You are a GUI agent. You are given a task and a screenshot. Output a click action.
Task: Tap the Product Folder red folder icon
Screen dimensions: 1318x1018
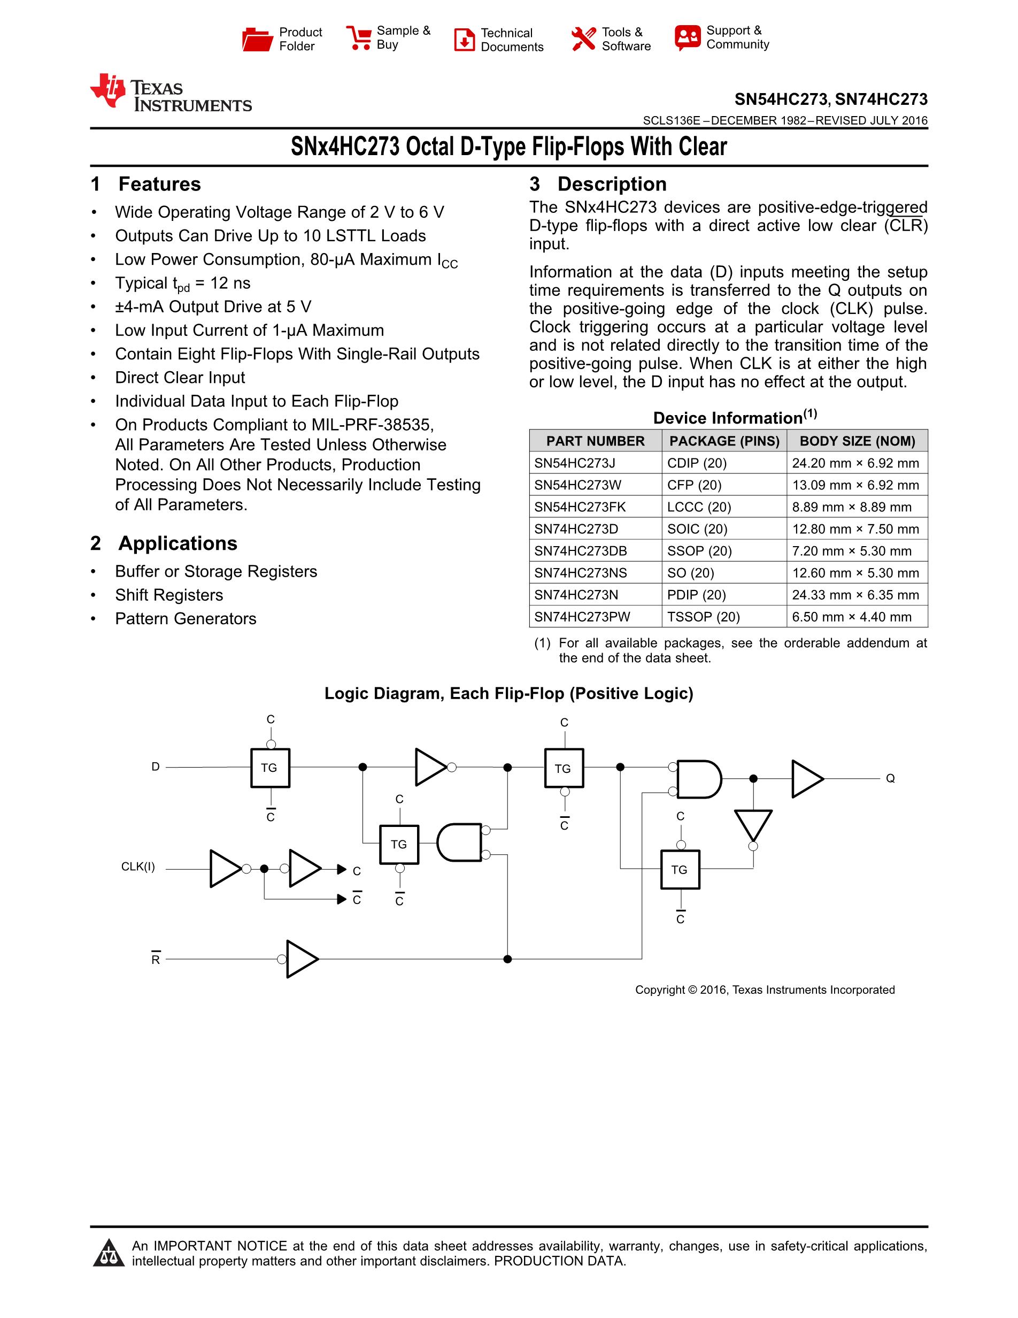257,39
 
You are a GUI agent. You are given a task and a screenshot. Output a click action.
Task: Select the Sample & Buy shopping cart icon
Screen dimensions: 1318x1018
359,37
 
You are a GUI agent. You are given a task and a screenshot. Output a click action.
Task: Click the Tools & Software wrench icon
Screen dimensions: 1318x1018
583,39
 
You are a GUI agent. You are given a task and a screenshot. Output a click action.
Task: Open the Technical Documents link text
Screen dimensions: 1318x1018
512,40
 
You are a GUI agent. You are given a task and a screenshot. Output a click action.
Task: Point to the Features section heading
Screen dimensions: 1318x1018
159,184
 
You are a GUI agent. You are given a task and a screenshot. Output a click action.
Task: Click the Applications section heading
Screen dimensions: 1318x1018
178,543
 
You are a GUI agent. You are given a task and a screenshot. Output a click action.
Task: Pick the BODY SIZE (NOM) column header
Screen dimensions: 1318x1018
857,441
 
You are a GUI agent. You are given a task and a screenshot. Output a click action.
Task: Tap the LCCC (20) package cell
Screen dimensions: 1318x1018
698,507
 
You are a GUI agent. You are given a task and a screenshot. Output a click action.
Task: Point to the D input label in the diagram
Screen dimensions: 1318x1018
156,767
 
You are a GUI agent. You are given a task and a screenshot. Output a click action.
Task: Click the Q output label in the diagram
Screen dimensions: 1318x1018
890,778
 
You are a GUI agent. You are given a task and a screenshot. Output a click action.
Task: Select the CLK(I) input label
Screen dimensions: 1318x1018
138,867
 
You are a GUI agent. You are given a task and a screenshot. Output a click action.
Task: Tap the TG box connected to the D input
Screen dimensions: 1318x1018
269,768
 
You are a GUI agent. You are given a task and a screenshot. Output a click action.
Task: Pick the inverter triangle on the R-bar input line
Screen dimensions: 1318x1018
300,959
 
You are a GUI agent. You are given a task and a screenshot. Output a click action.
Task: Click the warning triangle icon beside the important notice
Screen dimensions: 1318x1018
109,1253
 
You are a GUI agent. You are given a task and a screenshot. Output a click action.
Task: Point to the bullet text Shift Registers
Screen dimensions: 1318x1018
169,595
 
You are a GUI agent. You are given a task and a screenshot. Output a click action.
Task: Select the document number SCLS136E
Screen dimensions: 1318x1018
671,121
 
